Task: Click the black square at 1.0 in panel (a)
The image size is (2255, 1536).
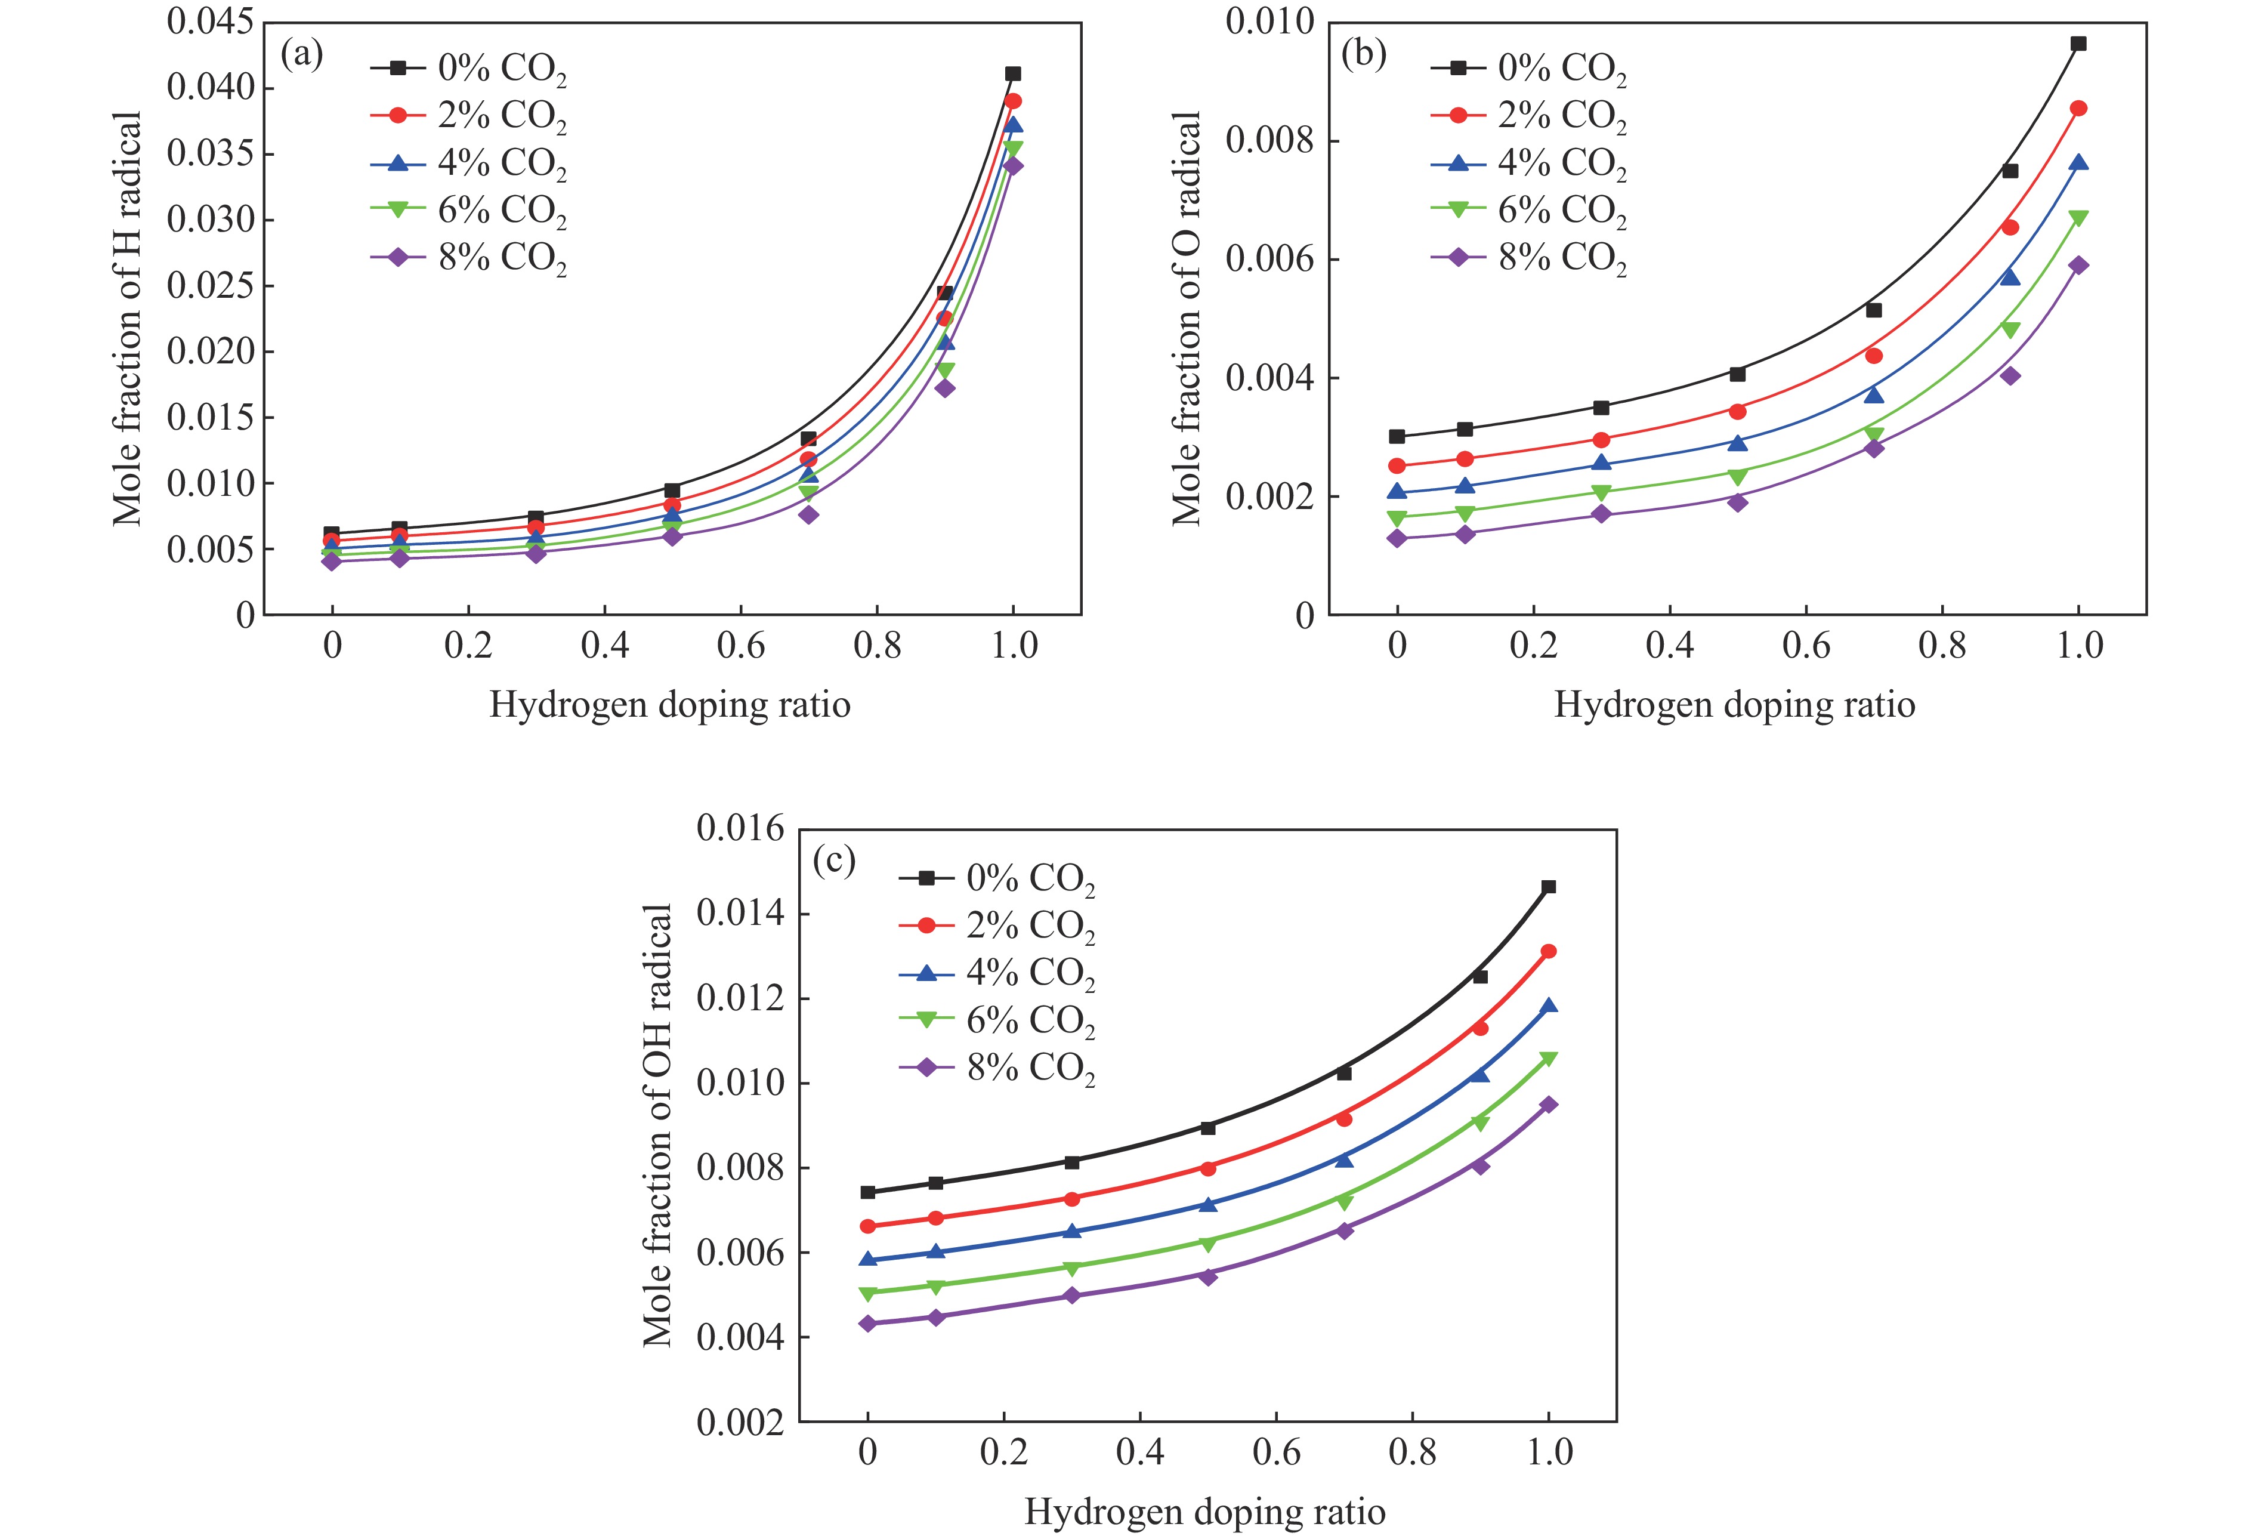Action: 1013,74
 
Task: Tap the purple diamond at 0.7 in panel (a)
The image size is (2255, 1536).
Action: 808,514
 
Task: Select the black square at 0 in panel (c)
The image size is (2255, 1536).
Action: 867,1192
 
